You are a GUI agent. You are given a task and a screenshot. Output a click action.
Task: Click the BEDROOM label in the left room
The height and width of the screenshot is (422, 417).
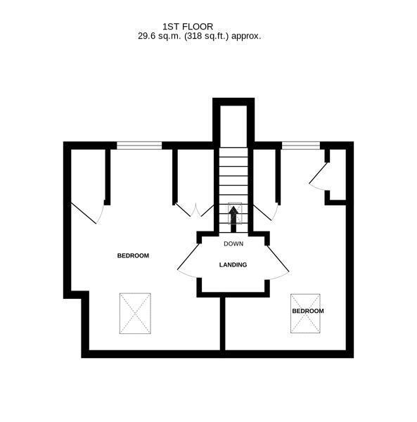(x=133, y=255)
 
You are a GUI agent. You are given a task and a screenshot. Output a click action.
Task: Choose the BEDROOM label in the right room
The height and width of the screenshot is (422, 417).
(x=307, y=311)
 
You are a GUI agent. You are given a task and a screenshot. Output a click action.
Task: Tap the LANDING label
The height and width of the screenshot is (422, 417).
(x=233, y=264)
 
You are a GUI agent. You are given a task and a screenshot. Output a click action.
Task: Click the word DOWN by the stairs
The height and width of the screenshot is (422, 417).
(x=233, y=244)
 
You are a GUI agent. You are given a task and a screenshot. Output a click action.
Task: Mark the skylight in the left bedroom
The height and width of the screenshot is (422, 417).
(x=136, y=313)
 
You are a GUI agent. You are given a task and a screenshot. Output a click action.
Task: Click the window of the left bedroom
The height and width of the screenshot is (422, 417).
(x=139, y=146)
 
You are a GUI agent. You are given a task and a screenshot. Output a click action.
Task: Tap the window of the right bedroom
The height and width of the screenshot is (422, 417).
(x=300, y=146)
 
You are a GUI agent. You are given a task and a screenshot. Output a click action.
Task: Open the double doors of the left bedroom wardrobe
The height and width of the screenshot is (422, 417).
(x=193, y=210)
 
